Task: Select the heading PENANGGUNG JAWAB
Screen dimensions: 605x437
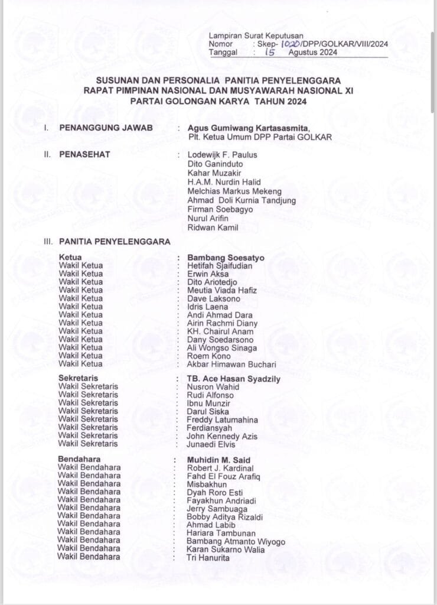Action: tap(106, 128)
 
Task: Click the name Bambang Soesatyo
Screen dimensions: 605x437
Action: tap(226, 258)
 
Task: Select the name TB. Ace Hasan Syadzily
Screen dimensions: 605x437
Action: tap(233, 379)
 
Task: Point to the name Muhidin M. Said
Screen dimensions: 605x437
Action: tap(218, 460)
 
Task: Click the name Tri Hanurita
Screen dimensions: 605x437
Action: tap(208, 557)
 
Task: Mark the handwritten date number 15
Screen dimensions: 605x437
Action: tap(270, 53)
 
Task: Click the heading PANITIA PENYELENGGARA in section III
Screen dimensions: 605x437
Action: tap(115, 242)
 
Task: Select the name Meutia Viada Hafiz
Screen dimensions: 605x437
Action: tap(223, 290)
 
